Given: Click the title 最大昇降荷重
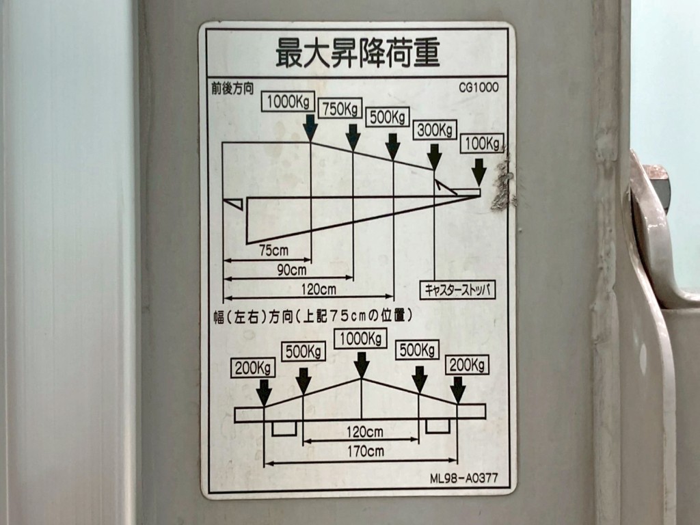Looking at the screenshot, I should [358, 53].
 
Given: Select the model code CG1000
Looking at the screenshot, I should [479, 87].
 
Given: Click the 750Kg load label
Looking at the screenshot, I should [340, 109].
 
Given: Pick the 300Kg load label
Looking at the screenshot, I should [435, 129].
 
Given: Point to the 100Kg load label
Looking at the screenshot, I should [481, 144].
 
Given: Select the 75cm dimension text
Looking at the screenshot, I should [273, 250].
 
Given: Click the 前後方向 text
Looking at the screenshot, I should [232, 87].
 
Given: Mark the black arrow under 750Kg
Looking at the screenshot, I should [353, 137].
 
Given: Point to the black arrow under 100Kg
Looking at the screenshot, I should [479, 172].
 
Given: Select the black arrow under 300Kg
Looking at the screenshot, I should [435, 157].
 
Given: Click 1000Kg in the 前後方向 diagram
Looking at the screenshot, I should [287, 102].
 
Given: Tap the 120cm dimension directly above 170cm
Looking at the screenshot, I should [364, 431].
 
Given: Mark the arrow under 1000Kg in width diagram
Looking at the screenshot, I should [362, 364].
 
